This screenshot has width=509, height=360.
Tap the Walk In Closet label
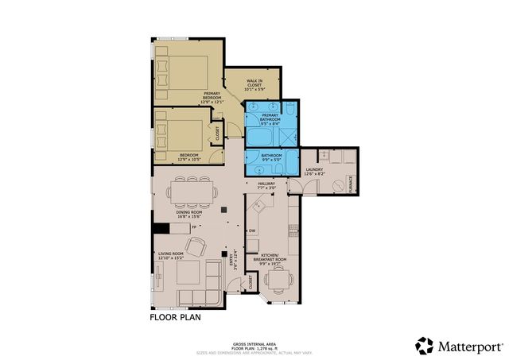254,83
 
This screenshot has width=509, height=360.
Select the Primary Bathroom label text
270,121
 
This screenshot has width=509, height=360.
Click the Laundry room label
313,170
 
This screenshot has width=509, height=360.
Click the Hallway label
266,185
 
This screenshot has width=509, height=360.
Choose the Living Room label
171,256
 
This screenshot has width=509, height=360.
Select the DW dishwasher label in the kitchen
251,230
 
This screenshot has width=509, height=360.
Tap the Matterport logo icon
425,346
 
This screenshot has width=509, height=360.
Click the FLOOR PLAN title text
176,317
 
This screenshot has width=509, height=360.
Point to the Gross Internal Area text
254,342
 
